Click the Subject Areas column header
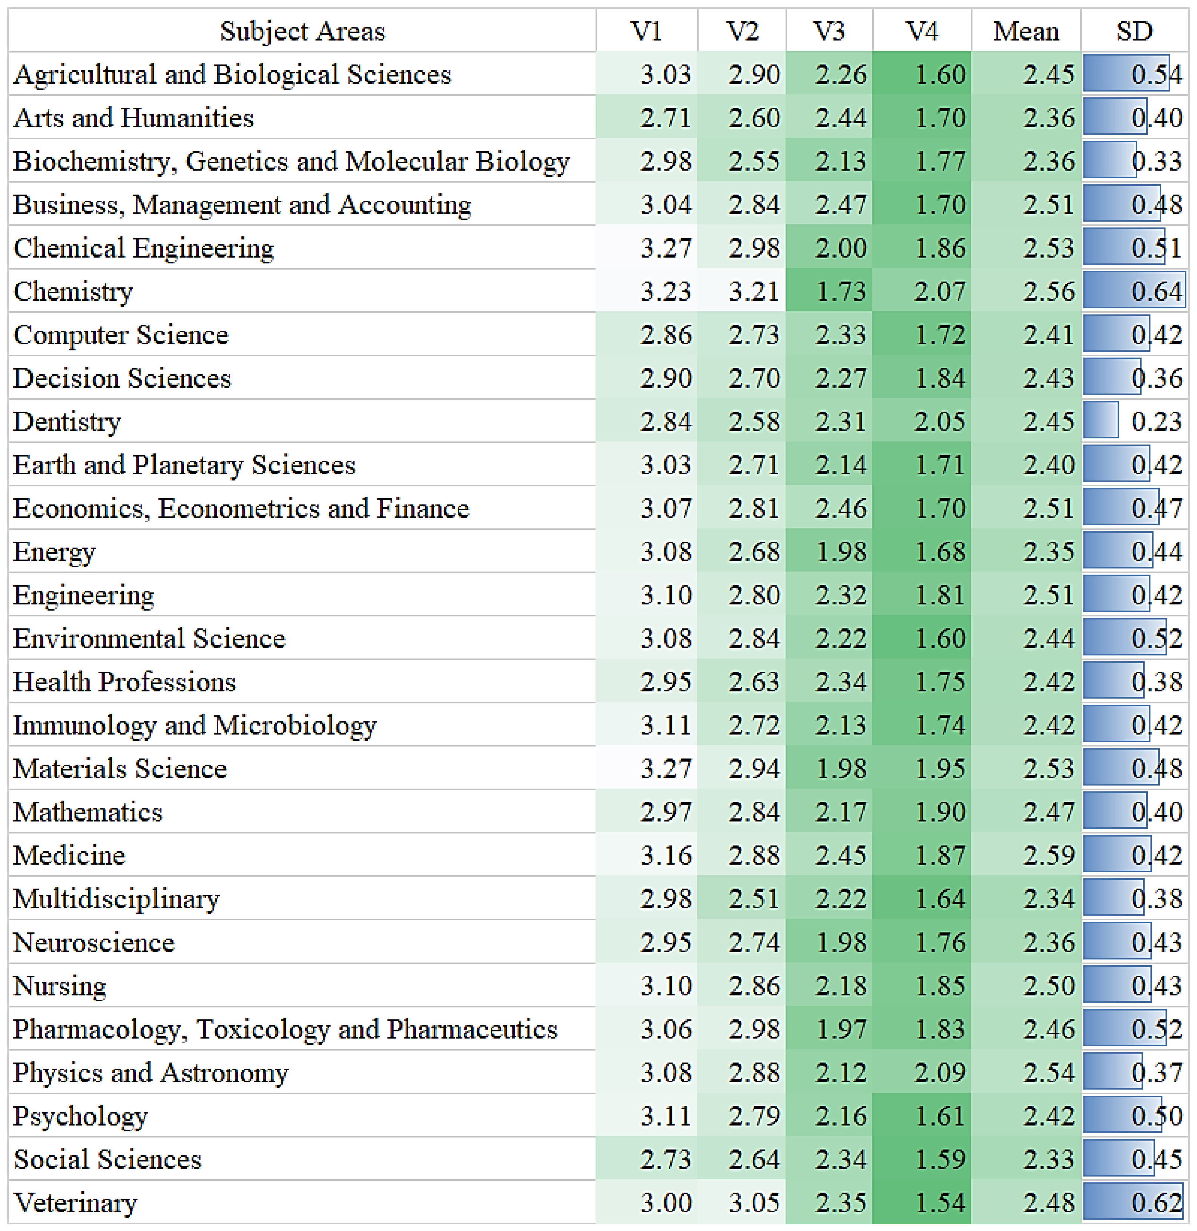302,31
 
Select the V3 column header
829,31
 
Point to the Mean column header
1026,31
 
